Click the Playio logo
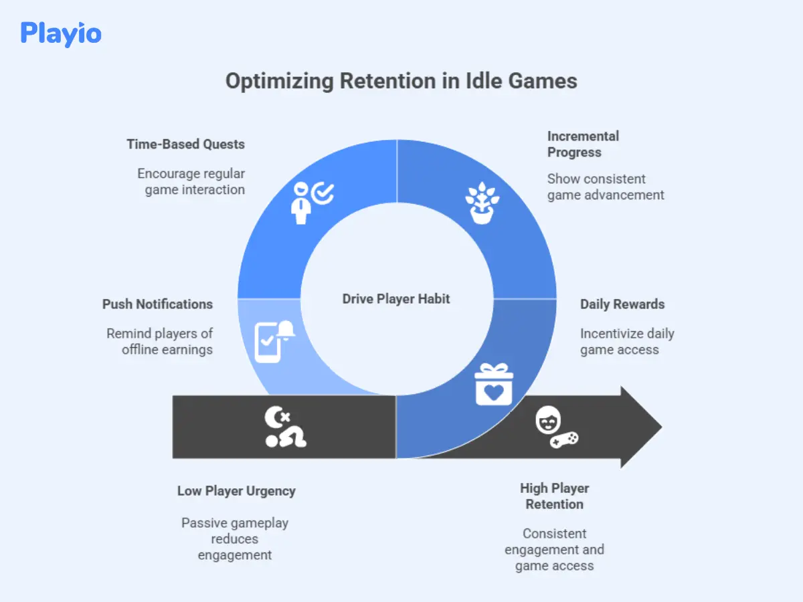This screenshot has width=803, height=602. [x=61, y=33]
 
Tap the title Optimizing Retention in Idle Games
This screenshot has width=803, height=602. [x=401, y=81]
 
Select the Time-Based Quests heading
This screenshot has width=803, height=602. [x=185, y=144]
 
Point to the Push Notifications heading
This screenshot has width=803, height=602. [x=157, y=304]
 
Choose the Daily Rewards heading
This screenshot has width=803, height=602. [x=622, y=304]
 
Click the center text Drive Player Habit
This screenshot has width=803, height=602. [x=396, y=299]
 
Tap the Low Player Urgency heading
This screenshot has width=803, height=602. [x=236, y=491]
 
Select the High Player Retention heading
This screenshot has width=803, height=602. [x=554, y=496]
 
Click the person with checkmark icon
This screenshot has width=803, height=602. [x=312, y=200]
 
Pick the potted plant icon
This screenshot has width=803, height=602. [x=483, y=203]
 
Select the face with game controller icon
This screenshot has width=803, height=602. [x=556, y=428]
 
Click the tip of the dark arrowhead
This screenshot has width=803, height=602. [x=660, y=427]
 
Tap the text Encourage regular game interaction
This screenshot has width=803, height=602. [x=191, y=181]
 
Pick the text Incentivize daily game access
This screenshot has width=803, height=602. [x=627, y=341]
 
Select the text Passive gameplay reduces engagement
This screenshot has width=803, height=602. [x=235, y=538]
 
